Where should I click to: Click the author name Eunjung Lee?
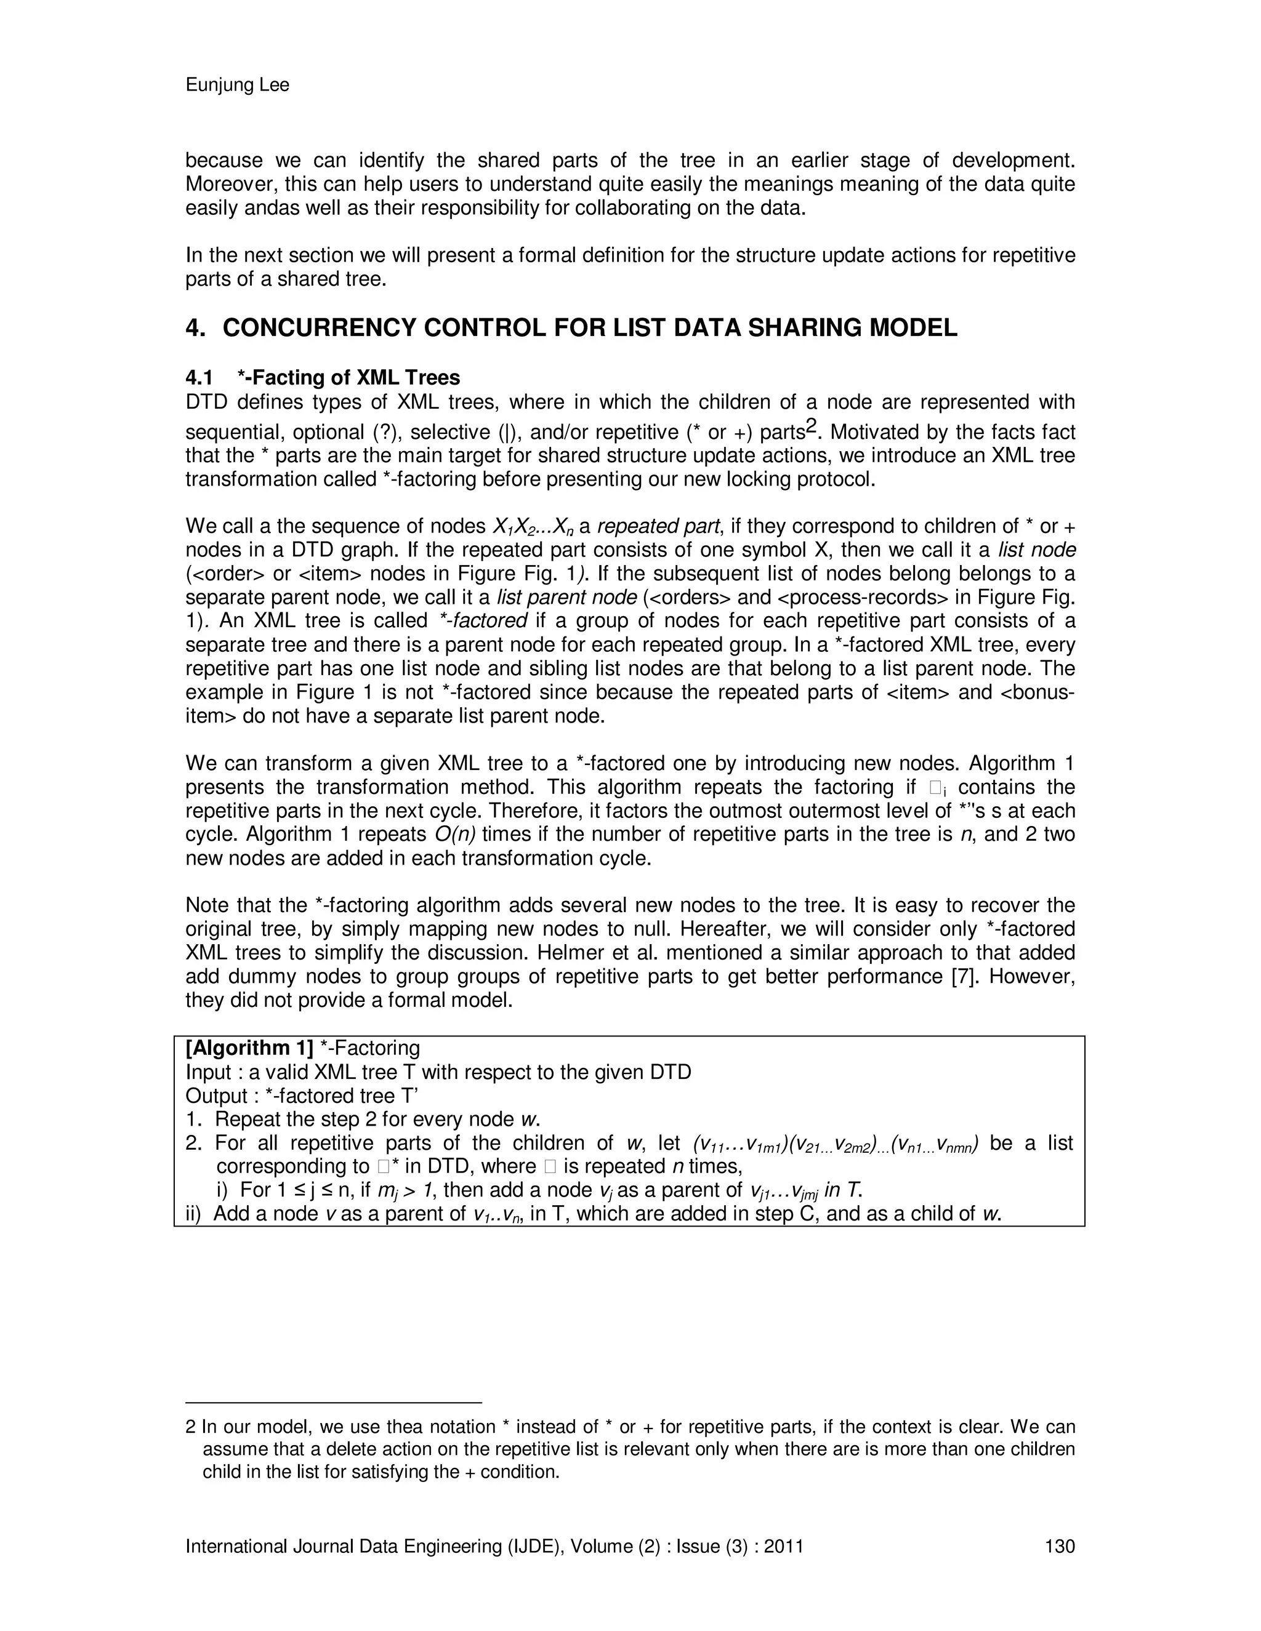pyautogui.click(x=237, y=86)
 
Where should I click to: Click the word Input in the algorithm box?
pyautogui.click(x=209, y=1072)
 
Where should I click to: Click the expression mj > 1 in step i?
pyautogui.click(x=404, y=1190)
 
